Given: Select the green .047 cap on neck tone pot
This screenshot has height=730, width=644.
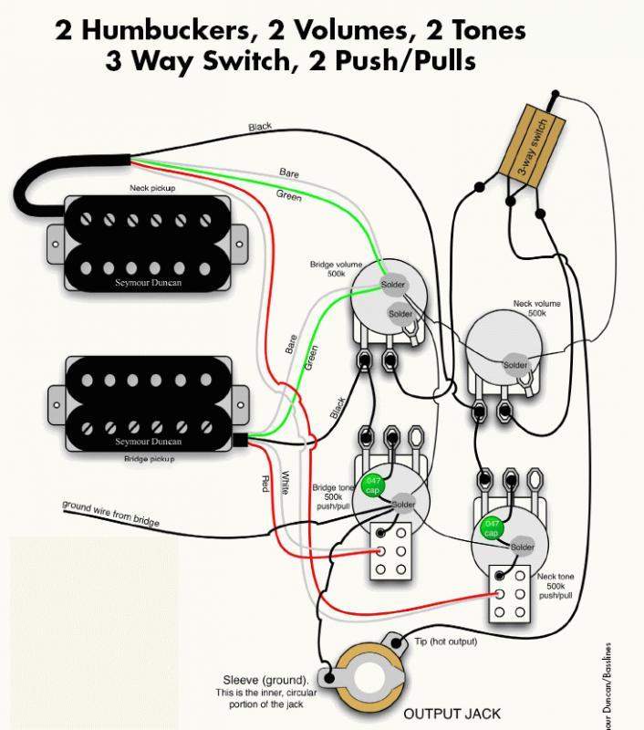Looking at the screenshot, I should (492, 527).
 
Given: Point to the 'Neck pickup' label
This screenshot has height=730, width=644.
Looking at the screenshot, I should (151, 189).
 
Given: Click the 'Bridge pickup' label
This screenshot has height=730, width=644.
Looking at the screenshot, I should (150, 458).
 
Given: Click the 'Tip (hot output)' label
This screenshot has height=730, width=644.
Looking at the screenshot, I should (447, 642).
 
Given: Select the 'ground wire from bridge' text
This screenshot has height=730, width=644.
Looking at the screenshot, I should (110, 514).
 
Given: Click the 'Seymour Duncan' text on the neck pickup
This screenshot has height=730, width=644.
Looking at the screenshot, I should (148, 282).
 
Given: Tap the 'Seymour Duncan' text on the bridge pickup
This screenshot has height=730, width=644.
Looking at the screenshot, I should (149, 442).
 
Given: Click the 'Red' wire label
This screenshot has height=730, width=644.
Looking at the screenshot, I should (264, 485).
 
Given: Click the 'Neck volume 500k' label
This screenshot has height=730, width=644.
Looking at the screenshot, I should (536, 308).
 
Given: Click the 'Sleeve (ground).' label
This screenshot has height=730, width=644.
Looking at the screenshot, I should (265, 680).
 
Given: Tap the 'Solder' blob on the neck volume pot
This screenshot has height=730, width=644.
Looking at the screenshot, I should (515, 365).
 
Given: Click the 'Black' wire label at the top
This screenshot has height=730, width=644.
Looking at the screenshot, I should (260, 128).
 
